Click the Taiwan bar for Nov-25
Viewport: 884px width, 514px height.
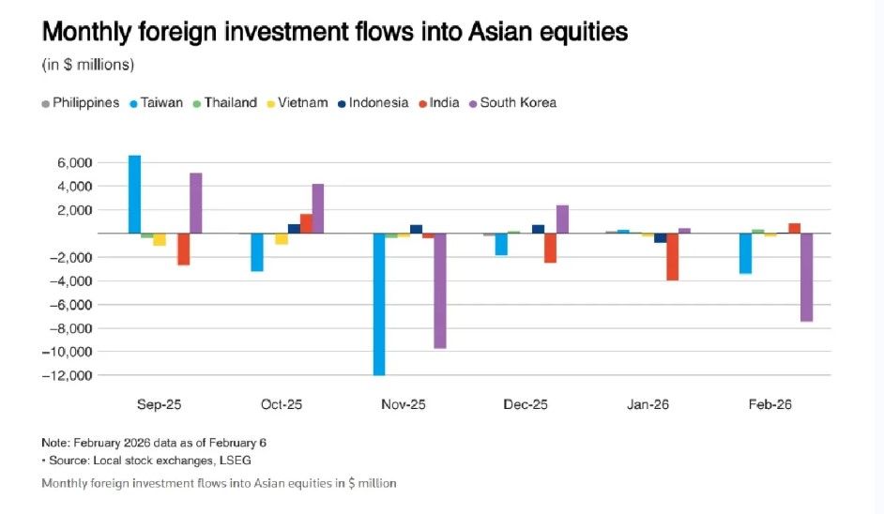coord(379,304)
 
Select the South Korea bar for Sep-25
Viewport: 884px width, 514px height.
coord(195,203)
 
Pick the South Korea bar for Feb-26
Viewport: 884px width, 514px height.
coord(806,278)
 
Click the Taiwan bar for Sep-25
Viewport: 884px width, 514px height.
coord(135,194)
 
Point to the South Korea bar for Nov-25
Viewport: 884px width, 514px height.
coord(440,291)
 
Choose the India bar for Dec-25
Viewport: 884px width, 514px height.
coord(550,248)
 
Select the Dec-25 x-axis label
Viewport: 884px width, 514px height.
coord(525,405)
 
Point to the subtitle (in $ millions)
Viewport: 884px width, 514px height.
coord(88,65)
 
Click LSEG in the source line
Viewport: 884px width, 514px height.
coord(235,461)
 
